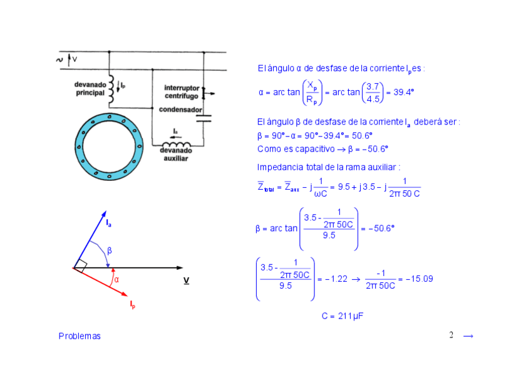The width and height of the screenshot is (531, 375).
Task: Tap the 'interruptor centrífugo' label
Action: pyautogui.click(x=182, y=92)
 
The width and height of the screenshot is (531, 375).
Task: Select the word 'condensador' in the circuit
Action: pyautogui.click(x=180, y=110)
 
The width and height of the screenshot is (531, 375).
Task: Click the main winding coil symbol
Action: pyautogui.click(x=112, y=89)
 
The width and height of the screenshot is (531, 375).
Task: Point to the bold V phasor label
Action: pyautogui.click(x=186, y=281)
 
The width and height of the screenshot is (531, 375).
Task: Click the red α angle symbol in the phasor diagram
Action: pyautogui.click(x=116, y=280)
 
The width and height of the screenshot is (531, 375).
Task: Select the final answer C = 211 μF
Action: pyautogui.click(x=343, y=316)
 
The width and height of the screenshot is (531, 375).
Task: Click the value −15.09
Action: pyautogui.click(x=420, y=279)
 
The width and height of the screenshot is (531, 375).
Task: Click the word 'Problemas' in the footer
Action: pyautogui.click(x=80, y=336)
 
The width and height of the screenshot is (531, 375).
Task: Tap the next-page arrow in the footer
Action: pyautogui.click(x=468, y=336)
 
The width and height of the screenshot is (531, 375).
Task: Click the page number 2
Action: pyautogui.click(x=451, y=335)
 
